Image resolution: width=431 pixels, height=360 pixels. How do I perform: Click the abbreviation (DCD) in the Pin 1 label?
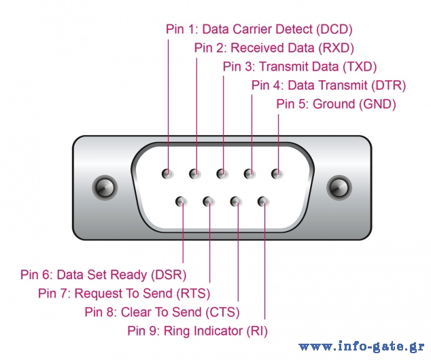pyautogui.click(x=334, y=29)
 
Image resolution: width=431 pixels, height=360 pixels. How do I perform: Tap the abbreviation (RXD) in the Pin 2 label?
pyautogui.click(x=336, y=48)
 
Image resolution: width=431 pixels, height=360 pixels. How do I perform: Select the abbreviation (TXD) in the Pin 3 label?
pyautogui.click(x=360, y=67)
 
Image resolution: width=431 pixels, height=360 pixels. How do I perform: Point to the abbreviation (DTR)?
pyautogui.click(x=388, y=86)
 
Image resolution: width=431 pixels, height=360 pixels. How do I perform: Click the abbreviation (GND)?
pyautogui.click(x=377, y=104)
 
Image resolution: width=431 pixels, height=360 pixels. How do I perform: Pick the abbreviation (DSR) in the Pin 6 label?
pyautogui.click(x=169, y=275)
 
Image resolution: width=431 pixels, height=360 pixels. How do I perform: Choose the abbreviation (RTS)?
pyautogui.click(x=193, y=293)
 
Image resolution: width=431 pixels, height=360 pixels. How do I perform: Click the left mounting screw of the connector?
pyautogui.click(x=105, y=187)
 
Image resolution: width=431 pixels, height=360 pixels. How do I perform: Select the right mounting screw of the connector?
pyautogui.click(x=339, y=187)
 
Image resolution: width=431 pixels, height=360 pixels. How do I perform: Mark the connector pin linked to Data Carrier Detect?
pyautogui.click(x=167, y=173)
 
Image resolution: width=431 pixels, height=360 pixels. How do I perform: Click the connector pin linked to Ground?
pyautogui.click(x=277, y=173)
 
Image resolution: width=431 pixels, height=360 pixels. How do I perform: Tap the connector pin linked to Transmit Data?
pyautogui.click(x=222, y=173)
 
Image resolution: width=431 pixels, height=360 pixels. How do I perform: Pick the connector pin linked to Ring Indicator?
pyautogui.click(x=263, y=202)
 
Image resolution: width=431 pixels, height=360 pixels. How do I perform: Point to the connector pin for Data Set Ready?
pyautogui.click(x=181, y=202)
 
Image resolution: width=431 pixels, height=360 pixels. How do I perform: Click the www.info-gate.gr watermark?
pyautogui.click(x=362, y=346)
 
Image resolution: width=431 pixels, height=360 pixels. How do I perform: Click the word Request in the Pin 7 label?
pyautogui.click(x=98, y=293)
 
